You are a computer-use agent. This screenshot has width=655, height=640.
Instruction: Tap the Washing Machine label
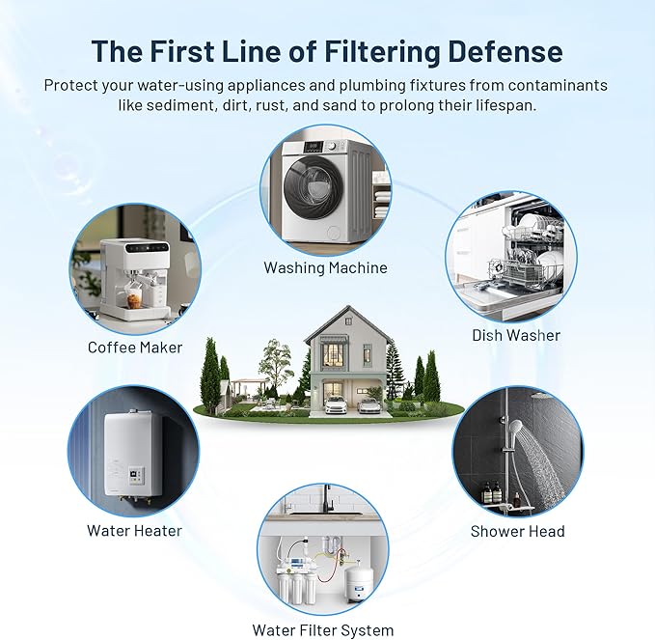(326, 267)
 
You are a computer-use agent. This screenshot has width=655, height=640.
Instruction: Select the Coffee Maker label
(134, 347)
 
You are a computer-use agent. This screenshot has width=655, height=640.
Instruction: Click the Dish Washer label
(515, 335)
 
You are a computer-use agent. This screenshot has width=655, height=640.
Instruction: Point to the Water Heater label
(134, 530)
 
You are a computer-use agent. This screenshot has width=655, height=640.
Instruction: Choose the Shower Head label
(517, 531)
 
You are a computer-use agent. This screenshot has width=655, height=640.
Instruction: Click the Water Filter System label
(322, 630)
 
